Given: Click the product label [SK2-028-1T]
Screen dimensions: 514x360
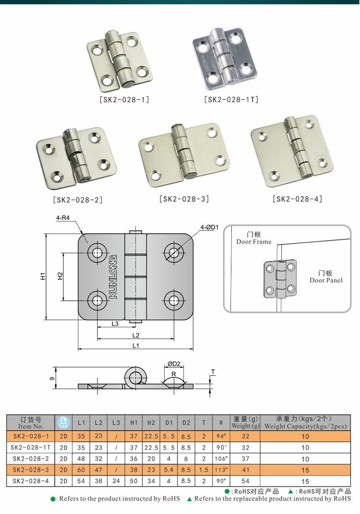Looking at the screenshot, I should click(x=231, y=100).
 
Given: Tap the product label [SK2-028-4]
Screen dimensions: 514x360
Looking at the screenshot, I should click(x=297, y=198).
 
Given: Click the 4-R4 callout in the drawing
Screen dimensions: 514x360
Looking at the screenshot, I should click(x=63, y=218).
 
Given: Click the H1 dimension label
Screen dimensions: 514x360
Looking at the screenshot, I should click(x=43, y=277).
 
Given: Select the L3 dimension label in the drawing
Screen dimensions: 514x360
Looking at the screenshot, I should click(x=115, y=324).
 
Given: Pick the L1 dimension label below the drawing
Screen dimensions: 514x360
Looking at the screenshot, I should click(x=135, y=345).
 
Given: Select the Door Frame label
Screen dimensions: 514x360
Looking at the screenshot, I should click(x=253, y=238).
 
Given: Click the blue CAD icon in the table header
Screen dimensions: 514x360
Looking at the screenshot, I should click(x=63, y=422).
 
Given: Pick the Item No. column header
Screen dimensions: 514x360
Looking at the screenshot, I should click(x=31, y=422).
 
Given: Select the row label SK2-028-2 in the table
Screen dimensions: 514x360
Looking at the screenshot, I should click(x=31, y=459).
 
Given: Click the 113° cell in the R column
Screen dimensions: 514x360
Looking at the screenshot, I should click(x=221, y=470).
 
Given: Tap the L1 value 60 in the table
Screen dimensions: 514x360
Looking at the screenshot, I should click(x=81, y=470).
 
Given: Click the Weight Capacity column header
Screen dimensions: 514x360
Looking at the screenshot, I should click(x=305, y=422).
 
